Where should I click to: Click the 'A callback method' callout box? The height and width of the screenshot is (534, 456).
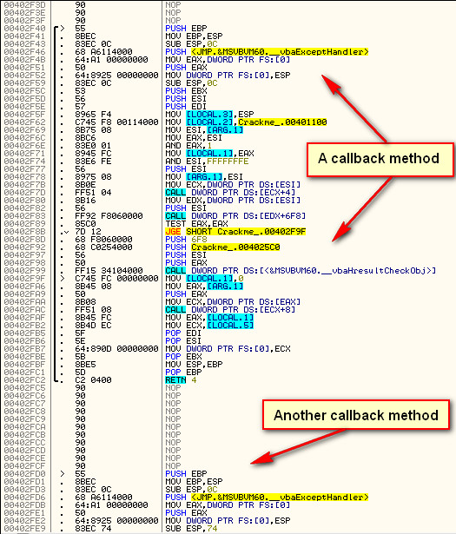tap(380, 160)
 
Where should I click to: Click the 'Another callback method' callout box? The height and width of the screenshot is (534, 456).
tap(356, 415)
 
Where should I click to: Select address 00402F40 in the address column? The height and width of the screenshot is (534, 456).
tap(24, 29)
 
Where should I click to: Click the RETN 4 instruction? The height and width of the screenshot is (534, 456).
tap(181, 380)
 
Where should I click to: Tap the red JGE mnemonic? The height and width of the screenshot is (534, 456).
tap(173, 232)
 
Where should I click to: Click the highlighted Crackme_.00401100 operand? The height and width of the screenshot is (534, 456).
tap(282, 122)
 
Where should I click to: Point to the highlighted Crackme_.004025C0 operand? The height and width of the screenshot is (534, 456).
tap(235, 247)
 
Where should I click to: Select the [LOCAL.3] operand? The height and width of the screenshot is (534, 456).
tap(209, 114)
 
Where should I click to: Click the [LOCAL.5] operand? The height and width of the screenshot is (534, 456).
tap(230, 326)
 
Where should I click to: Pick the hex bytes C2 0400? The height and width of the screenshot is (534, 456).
tap(93, 380)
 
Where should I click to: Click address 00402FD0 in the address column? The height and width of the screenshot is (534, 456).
tap(24, 474)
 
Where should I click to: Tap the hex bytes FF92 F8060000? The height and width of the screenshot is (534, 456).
tap(109, 216)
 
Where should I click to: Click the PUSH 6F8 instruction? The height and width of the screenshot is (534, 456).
tap(186, 240)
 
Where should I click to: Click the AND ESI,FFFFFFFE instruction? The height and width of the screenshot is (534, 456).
tap(207, 162)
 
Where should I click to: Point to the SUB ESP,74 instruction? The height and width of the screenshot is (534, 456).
tap(191, 529)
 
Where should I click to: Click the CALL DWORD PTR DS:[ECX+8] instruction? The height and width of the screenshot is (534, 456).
tap(230, 310)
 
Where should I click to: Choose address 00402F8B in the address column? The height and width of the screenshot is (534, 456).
tap(24, 232)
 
